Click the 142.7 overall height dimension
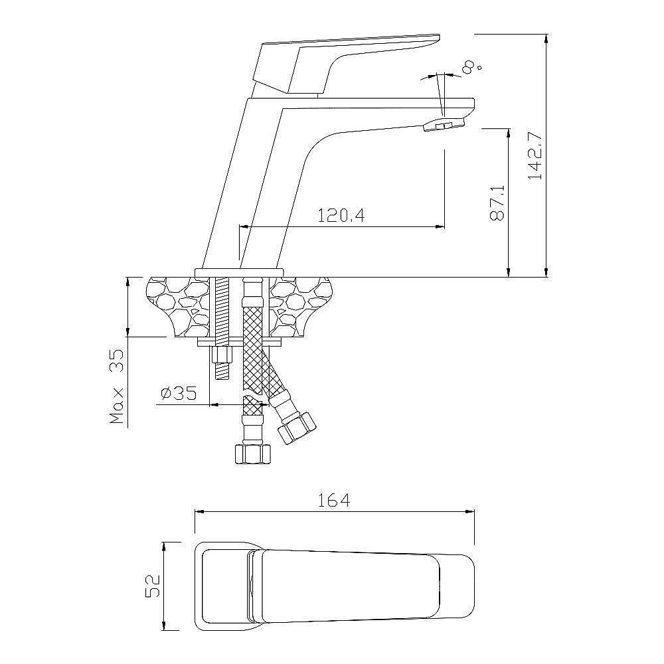535,155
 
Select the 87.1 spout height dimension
497,203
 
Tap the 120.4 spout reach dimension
341,216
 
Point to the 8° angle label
471,67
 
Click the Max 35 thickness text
116,386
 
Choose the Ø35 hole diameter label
179,393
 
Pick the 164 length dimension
334,500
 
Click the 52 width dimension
153,586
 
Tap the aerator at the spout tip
444,125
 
